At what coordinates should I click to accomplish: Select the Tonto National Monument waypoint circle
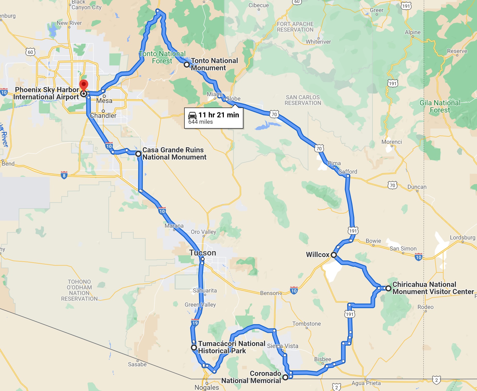pos(187,65)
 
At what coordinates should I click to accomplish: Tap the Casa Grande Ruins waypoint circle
pos(138,154)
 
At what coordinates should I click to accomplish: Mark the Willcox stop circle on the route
pos(334,255)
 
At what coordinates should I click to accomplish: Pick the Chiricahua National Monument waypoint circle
pos(388,288)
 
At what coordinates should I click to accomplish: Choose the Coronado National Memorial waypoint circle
pos(285,377)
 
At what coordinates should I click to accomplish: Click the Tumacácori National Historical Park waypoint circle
pos(194,348)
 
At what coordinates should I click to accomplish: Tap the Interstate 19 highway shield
pos(195,323)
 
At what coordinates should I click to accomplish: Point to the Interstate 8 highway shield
pos(64,175)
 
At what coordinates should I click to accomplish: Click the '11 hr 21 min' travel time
pos(219,115)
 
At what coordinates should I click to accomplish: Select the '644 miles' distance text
pos(201,122)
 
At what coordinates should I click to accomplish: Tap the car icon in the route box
pos(192,115)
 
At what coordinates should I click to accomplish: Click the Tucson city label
pos(203,253)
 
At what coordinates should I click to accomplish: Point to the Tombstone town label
pos(306,324)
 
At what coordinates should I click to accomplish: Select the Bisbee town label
pos(322,359)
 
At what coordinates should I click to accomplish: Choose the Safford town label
pos(348,172)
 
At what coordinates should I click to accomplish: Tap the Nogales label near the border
pos(207,387)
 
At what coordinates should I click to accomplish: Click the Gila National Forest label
pos(440,106)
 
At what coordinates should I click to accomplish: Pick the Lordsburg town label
pos(463,237)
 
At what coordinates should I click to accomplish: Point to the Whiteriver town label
pos(318,42)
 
